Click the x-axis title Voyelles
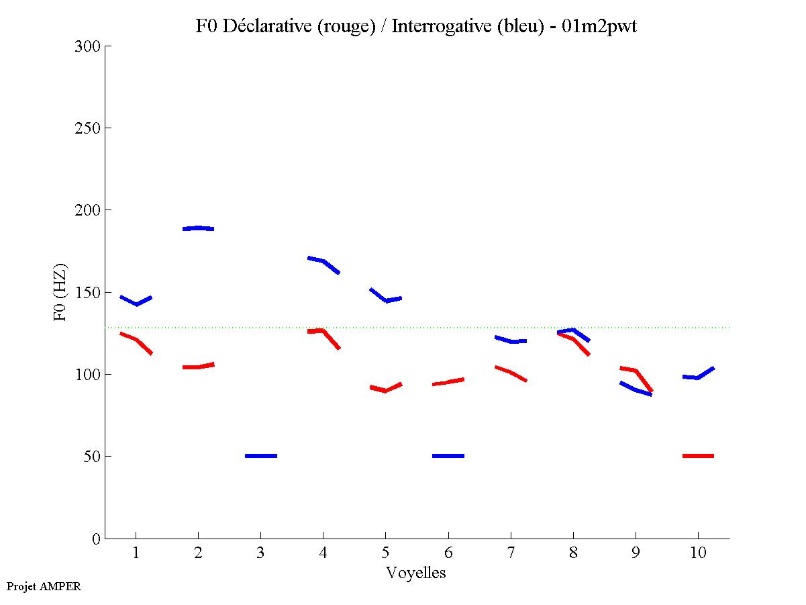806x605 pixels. pos(416,573)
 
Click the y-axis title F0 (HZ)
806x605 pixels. pos(60,292)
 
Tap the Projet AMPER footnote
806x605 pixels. pos(44,586)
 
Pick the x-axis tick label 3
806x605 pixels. pos(260,553)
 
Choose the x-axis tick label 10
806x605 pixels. pos(698,553)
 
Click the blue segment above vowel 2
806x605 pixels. pos(198,228)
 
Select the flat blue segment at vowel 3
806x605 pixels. pos(261,456)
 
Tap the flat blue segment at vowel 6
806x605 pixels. pos(448,456)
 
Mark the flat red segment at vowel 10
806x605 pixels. pos(698,456)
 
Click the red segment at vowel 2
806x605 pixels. pos(198,367)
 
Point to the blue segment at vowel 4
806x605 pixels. pos(323,261)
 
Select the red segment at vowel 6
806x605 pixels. pos(448,382)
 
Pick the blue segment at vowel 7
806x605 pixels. pos(511,341)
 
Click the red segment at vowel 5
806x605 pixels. pos(385,389)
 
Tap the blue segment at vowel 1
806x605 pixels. pos(136,303)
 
